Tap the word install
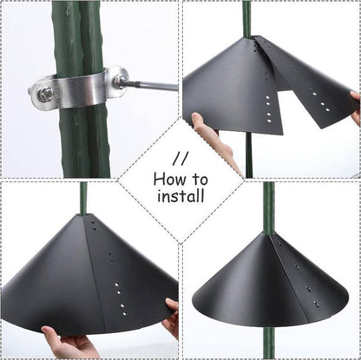pos(180,196)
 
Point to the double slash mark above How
pos(180,160)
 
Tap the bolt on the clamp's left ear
pos(43,94)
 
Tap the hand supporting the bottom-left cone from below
pos(68,345)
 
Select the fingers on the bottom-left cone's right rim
pos(171,317)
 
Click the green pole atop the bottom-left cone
pos(84,198)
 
